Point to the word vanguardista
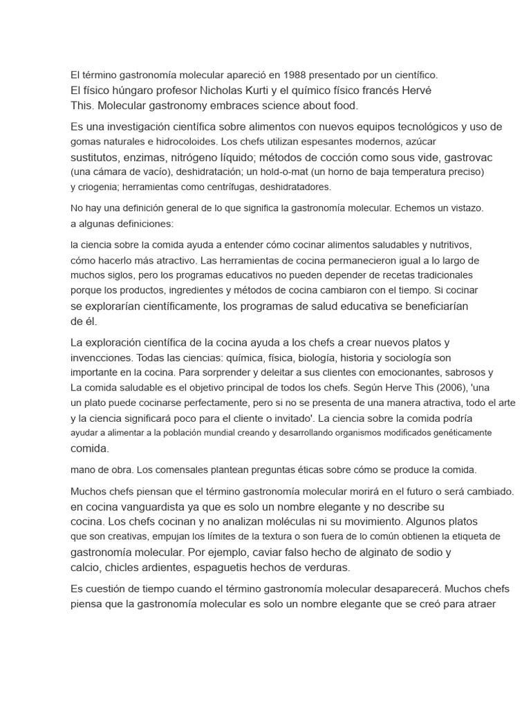click(x=142, y=506)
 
